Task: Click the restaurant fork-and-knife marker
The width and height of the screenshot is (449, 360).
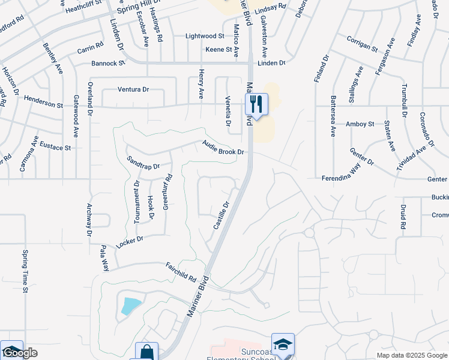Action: coord(256,104)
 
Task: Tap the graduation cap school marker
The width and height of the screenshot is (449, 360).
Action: coord(283,345)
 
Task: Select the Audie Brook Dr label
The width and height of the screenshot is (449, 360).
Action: coord(223,148)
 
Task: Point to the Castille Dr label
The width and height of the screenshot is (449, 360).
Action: coord(221,215)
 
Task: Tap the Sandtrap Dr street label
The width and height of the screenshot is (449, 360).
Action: coord(143,162)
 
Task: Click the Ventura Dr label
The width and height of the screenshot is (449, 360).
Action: coord(133,89)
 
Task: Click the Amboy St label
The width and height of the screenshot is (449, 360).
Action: coord(360,124)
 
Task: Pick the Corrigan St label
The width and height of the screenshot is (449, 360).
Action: coord(362,43)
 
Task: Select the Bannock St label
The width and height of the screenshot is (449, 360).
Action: coord(108,62)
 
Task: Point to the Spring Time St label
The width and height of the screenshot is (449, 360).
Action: coord(26,271)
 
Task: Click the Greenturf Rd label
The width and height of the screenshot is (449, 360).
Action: coord(167,191)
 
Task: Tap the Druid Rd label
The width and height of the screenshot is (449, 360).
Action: coord(403,217)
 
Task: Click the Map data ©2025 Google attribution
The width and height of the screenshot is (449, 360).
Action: coord(412,355)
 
